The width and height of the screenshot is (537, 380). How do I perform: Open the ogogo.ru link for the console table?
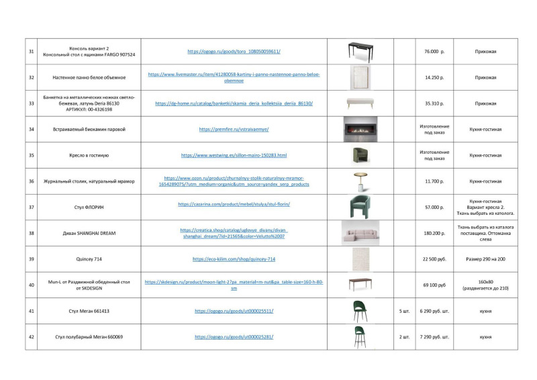(234, 51)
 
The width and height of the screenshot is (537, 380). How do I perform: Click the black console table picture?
(360, 50)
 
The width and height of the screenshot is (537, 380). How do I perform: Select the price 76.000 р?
(434, 51)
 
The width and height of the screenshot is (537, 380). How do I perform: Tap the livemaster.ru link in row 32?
(234, 77)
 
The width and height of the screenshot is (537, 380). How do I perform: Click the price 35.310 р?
(434, 103)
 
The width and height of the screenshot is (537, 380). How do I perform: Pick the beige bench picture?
(360, 103)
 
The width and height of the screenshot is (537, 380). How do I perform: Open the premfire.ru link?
(234, 129)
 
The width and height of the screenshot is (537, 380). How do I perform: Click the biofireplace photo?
(360, 129)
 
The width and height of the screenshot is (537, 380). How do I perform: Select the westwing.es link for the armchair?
(234, 155)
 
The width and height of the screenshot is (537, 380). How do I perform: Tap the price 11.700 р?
(434, 181)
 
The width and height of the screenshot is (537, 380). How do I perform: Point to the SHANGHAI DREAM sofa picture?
(360, 232)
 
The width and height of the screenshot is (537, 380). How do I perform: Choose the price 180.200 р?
(434, 233)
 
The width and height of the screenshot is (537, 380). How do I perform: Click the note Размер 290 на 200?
(485, 259)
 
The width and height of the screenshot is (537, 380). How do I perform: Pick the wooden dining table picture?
(360, 284)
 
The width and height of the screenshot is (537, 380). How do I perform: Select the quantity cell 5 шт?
(404, 311)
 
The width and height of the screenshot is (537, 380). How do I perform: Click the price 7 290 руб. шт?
(434, 336)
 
